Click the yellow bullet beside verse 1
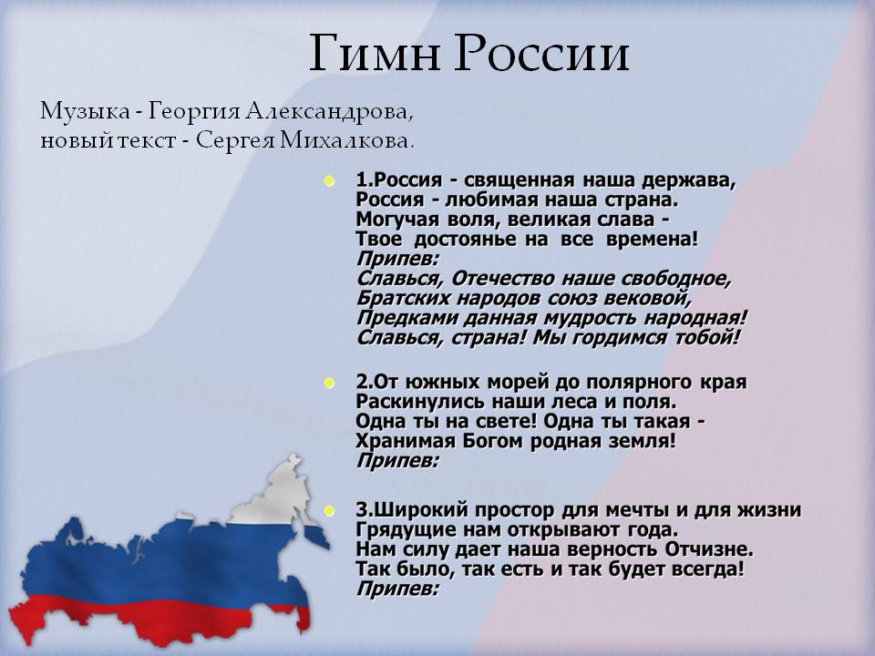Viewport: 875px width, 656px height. point(329,180)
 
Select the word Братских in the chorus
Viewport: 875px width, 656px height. point(393,298)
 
